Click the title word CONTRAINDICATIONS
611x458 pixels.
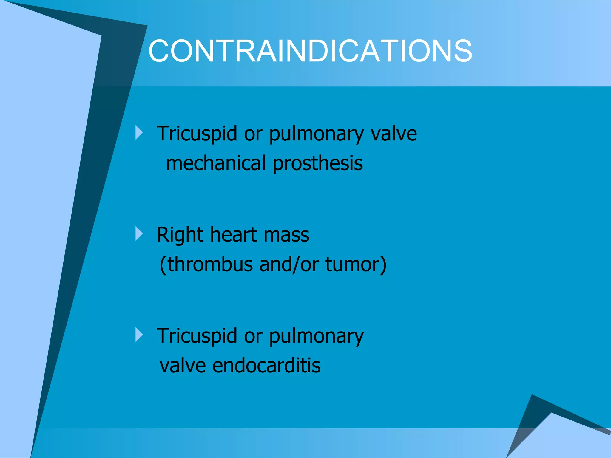310,51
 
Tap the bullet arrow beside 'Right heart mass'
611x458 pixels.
139,233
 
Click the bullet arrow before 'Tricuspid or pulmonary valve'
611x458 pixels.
139,132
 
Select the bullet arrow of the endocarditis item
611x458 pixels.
139,335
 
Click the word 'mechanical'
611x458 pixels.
216,163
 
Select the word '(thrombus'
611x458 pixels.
206,264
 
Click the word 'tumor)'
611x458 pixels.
356,264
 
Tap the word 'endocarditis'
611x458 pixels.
266,366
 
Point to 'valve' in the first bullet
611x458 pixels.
394,134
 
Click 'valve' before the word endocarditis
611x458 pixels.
183,366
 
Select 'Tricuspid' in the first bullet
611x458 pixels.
197,134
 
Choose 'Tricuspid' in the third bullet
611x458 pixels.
197,336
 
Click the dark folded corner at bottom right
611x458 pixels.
534,417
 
